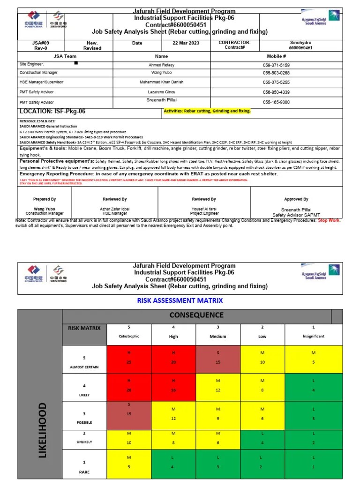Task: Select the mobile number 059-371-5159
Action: pos(276,65)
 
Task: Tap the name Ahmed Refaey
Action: pos(161,65)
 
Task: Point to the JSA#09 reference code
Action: pos(39,43)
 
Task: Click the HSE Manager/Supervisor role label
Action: pos(43,82)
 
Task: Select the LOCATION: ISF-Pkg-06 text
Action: pos(52,112)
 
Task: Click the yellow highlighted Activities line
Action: pos(207,111)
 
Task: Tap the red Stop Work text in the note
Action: pos(329,220)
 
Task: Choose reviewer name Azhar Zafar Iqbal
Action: pos(115,209)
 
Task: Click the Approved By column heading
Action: pos(296,199)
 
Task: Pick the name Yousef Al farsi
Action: pos(204,209)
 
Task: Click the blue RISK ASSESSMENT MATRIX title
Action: pos(180,300)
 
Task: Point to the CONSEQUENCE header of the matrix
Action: pos(196,315)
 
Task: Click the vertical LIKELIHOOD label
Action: pos(43,429)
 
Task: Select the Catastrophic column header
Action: pos(129,336)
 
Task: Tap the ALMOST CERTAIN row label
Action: pos(84,367)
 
